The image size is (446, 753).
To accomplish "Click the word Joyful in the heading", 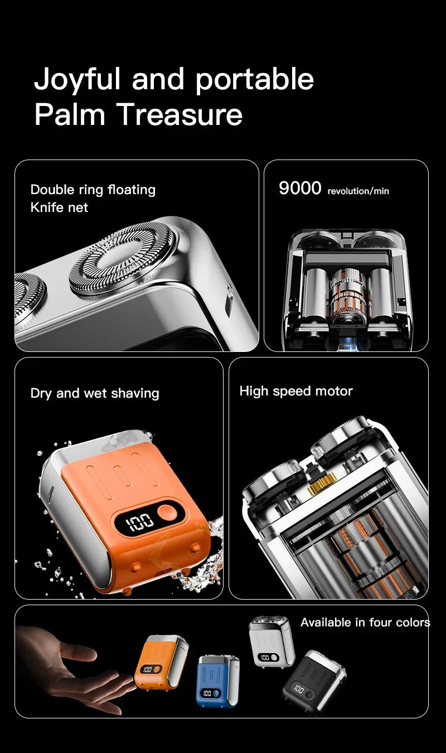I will click(x=77, y=80).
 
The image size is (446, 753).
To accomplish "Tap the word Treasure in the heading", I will click(x=180, y=114).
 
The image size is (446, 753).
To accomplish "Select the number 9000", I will click(x=300, y=189).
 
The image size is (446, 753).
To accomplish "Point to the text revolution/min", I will click(x=358, y=191).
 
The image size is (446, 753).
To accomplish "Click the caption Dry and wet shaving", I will click(x=95, y=393).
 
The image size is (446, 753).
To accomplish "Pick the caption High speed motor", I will click(x=296, y=391).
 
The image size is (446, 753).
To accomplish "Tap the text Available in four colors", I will click(x=365, y=622).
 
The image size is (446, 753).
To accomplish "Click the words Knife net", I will click(x=59, y=207).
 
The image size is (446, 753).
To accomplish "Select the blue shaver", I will click(x=217, y=680).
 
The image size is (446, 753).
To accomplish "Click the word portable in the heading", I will click(x=255, y=80).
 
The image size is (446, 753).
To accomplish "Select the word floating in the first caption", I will click(x=132, y=190).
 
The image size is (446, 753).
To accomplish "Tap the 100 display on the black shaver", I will click(x=299, y=689).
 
